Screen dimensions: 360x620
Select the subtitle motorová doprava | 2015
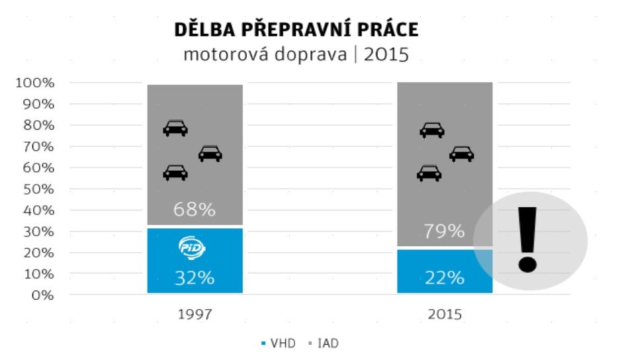click(296, 54)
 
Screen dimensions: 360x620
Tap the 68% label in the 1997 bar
click(195, 210)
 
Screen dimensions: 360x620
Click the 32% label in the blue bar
click(195, 278)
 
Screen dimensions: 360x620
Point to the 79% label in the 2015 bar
click(445, 231)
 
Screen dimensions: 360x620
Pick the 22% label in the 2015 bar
click(445, 278)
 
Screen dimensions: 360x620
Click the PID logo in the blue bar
click(193, 247)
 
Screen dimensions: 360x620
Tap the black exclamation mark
click(527, 239)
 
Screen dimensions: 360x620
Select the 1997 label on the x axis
click(195, 314)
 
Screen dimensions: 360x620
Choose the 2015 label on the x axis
click(445, 314)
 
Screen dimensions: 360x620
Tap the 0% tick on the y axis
click(42, 294)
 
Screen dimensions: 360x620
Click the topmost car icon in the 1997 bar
click(175, 128)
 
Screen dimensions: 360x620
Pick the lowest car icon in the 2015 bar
click(429, 173)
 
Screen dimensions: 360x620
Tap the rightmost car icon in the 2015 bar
click(461, 154)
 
